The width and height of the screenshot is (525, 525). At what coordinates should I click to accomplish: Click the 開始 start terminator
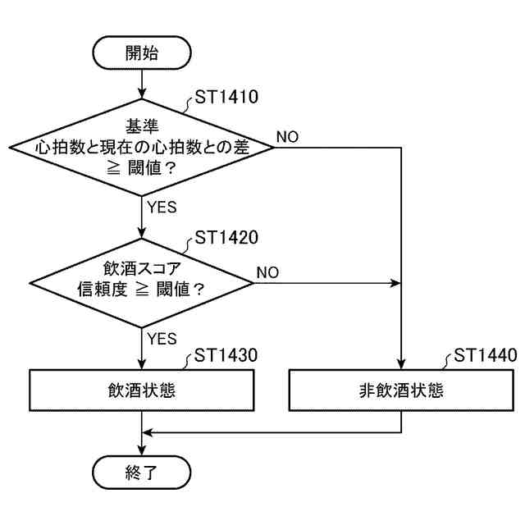[142, 54]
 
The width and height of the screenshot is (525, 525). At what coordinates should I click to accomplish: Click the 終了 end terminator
[142, 472]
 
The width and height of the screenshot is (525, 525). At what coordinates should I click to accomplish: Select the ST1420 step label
[225, 239]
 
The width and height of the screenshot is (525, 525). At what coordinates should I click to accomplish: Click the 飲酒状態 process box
[142, 390]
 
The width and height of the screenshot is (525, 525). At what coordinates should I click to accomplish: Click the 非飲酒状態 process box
[401, 390]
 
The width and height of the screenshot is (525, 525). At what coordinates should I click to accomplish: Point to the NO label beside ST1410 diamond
[287, 136]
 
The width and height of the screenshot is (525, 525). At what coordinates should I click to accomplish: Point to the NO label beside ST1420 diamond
[268, 272]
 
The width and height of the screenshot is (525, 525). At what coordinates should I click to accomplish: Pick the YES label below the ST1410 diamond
[162, 207]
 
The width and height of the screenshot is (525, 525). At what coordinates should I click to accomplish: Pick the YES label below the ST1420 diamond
[162, 337]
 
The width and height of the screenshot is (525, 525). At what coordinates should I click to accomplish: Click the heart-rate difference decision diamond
[142, 148]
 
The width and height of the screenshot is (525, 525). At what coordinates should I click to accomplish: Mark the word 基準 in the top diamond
[142, 126]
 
